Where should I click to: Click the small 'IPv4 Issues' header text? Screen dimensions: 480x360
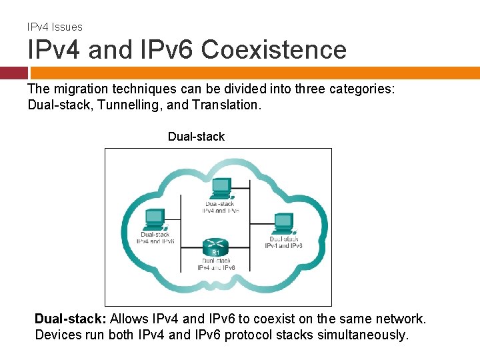tap(55, 27)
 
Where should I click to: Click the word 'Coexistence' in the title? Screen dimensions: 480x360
tap(274, 50)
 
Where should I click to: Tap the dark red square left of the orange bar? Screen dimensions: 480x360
tap(13, 73)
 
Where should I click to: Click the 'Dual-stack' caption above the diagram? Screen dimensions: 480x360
tap(196, 137)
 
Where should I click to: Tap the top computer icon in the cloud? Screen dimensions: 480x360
tap(220, 188)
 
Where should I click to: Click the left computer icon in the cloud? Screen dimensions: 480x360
tap(155, 219)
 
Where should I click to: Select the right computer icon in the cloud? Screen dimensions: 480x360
tap(283, 223)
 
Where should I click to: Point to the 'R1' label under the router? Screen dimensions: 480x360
tap(215, 253)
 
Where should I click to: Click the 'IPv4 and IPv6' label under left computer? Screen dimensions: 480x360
tap(155, 241)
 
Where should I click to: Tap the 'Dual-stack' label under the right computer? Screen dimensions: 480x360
tap(284, 239)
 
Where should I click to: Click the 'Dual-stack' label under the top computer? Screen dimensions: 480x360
tap(221, 203)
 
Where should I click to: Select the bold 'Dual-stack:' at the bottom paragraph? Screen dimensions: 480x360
tap(71, 319)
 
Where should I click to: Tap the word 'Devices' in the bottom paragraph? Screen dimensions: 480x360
tap(57, 335)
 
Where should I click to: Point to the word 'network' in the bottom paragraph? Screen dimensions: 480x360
tap(400, 319)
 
